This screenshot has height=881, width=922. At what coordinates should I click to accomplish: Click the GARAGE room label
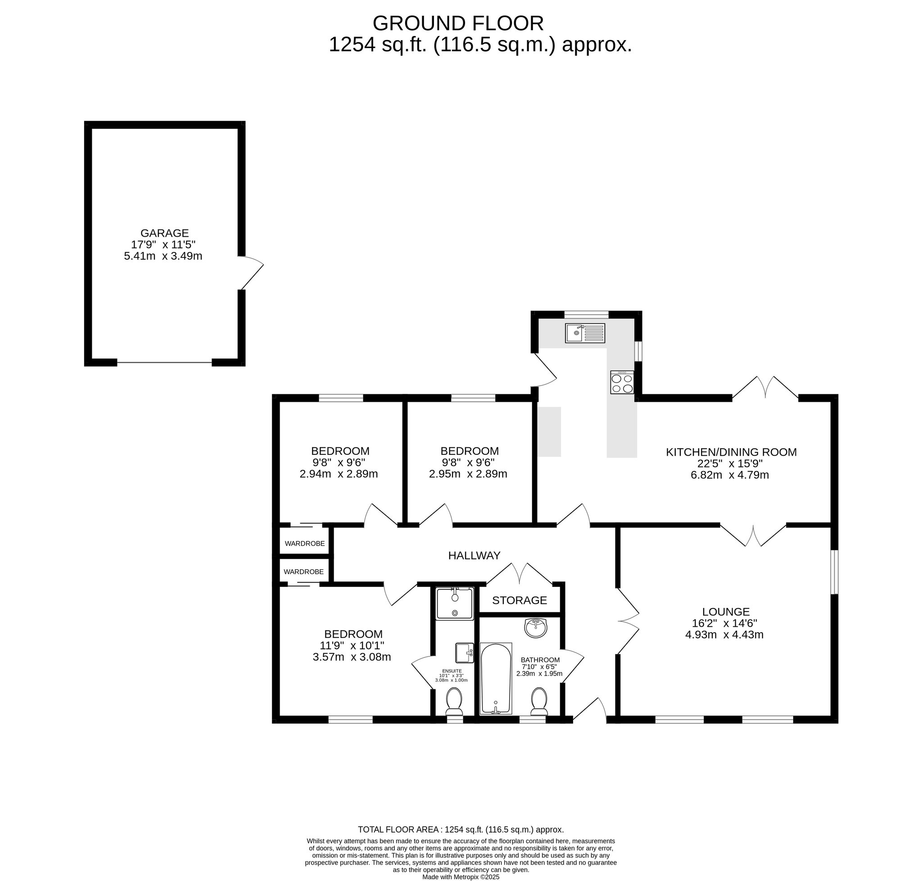point(164,233)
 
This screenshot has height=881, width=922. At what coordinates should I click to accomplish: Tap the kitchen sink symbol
point(585,333)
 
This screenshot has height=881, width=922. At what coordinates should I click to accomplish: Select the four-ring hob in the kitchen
point(622,382)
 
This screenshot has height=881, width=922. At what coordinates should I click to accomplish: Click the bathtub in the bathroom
point(496,679)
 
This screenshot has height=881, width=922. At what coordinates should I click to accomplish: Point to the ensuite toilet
point(454,702)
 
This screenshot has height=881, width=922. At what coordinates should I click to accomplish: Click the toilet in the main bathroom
point(538,702)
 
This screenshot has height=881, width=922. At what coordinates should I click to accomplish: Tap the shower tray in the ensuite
point(454,603)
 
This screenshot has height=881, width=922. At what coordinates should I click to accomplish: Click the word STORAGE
point(519,600)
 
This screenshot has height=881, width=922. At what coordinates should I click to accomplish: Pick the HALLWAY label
point(474,556)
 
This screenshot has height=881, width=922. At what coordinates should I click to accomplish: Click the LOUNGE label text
point(726,612)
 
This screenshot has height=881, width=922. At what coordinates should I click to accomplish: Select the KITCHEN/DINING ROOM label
point(731,452)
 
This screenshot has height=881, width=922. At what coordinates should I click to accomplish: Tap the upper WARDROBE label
point(304,544)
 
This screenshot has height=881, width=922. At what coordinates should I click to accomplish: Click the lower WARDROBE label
point(303,571)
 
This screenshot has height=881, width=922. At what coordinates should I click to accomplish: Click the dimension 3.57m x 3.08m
point(352,657)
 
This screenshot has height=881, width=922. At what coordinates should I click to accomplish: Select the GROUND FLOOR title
point(458,23)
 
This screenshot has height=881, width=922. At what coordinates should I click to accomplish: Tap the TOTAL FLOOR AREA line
point(461,830)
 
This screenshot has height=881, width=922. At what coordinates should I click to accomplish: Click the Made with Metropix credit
point(461,877)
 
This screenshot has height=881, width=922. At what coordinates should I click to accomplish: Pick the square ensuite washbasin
point(463,652)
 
